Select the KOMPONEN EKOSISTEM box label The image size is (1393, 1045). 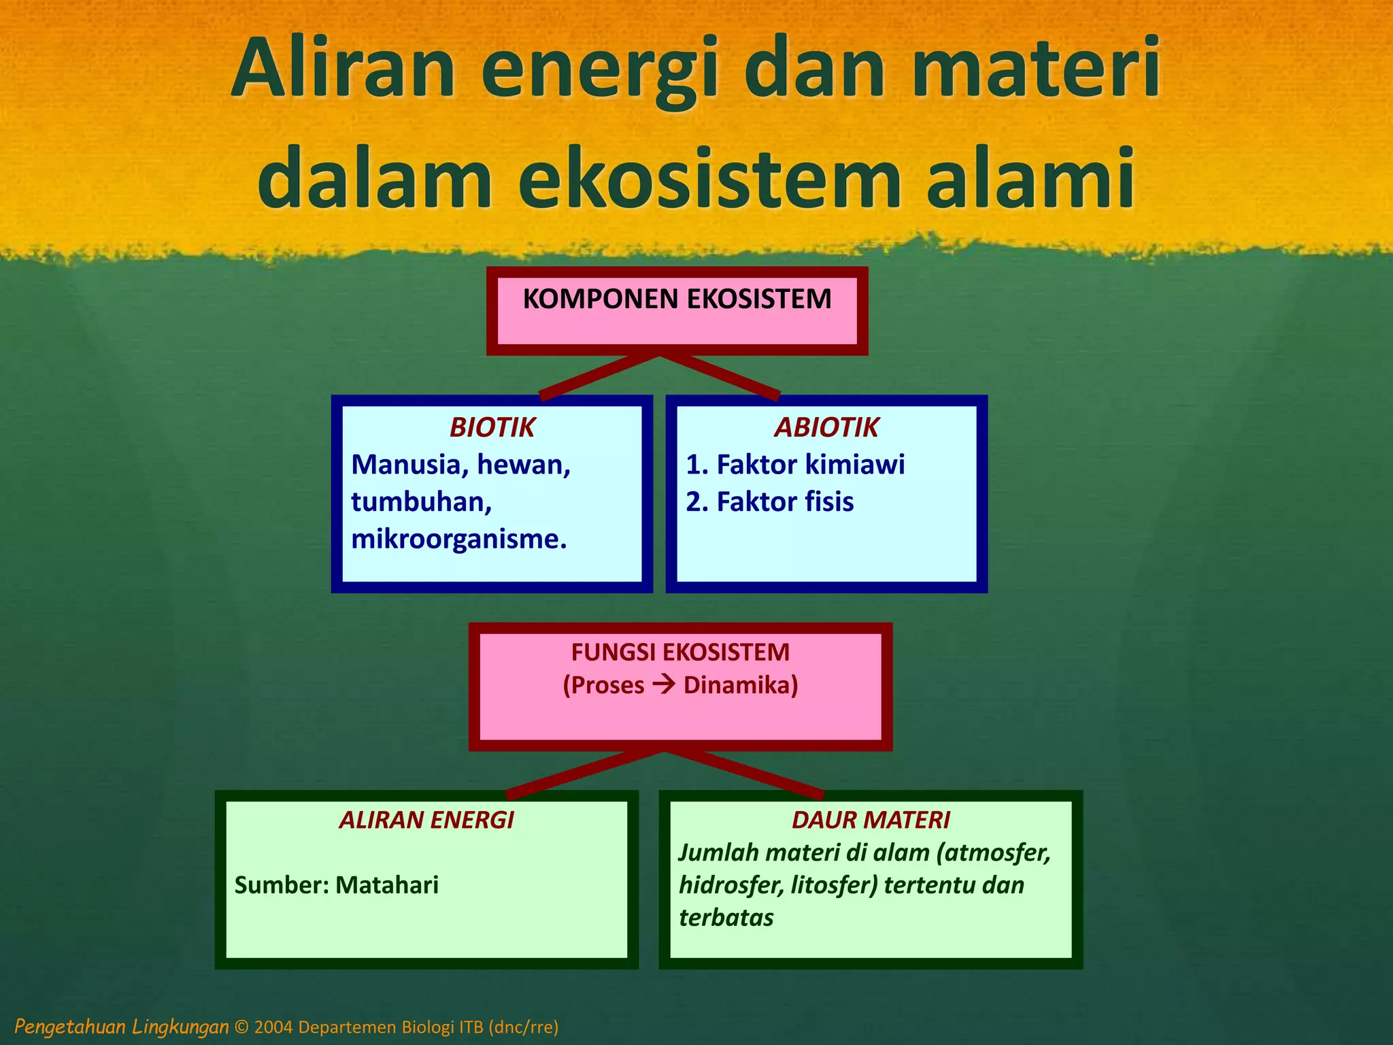point(677,299)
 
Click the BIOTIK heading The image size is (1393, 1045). point(492,428)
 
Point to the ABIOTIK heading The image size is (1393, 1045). point(826,428)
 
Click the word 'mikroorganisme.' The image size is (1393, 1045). point(459,540)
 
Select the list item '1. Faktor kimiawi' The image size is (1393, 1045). point(795,465)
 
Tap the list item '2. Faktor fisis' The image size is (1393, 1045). point(769,502)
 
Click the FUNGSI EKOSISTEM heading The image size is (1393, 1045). point(680,652)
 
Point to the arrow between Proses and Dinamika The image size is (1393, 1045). point(664,684)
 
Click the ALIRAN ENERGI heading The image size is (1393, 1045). point(426,820)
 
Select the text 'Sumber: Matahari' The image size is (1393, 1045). point(337,885)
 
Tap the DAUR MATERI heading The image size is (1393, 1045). point(871,820)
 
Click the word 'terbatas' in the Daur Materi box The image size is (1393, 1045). point(726,918)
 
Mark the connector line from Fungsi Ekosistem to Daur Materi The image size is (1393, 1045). point(745,773)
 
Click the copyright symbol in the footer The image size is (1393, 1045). point(241,1027)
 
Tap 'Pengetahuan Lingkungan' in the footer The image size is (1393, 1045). point(122,1027)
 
